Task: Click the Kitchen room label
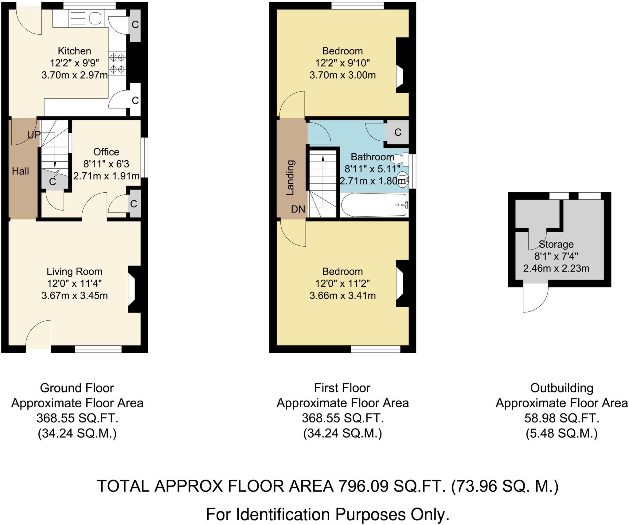74,51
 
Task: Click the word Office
106,152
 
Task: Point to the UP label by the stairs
34,135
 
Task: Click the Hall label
20,171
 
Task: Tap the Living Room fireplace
134,289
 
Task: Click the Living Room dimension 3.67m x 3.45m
74,296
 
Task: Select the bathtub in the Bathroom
374,205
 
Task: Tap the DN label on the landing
298,209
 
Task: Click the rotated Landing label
290,178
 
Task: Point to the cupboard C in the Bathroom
398,132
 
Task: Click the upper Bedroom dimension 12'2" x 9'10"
342,63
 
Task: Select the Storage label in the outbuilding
556,244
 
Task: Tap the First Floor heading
342,388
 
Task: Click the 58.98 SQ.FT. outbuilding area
561,418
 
